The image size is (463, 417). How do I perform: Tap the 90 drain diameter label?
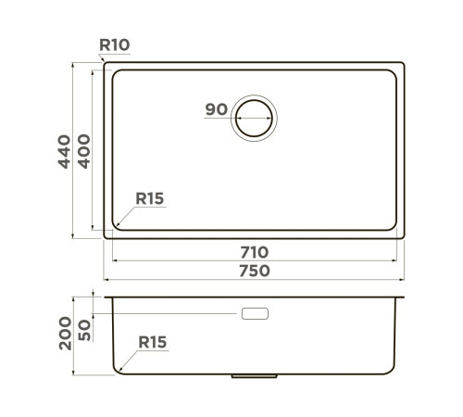click(216, 110)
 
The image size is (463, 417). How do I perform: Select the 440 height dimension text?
click(63, 152)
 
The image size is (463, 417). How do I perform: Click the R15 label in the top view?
click(149, 197)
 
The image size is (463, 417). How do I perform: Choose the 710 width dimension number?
click(255, 252)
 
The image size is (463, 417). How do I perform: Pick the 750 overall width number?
click(255, 271)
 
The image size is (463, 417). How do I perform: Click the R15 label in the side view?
click(152, 343)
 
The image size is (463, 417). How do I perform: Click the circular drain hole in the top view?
click(255, 117)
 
